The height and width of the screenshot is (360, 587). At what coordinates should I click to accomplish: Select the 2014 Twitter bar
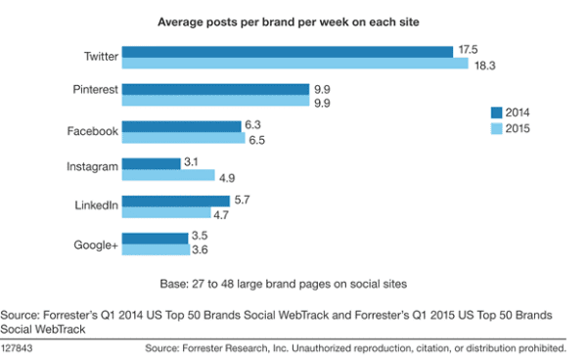[288, 51]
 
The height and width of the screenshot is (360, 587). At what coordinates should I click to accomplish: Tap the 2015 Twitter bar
[294, 64]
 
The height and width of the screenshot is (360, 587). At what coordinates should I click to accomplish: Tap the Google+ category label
[96, 245]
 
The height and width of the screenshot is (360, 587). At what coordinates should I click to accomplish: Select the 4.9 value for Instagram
[227, 177]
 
